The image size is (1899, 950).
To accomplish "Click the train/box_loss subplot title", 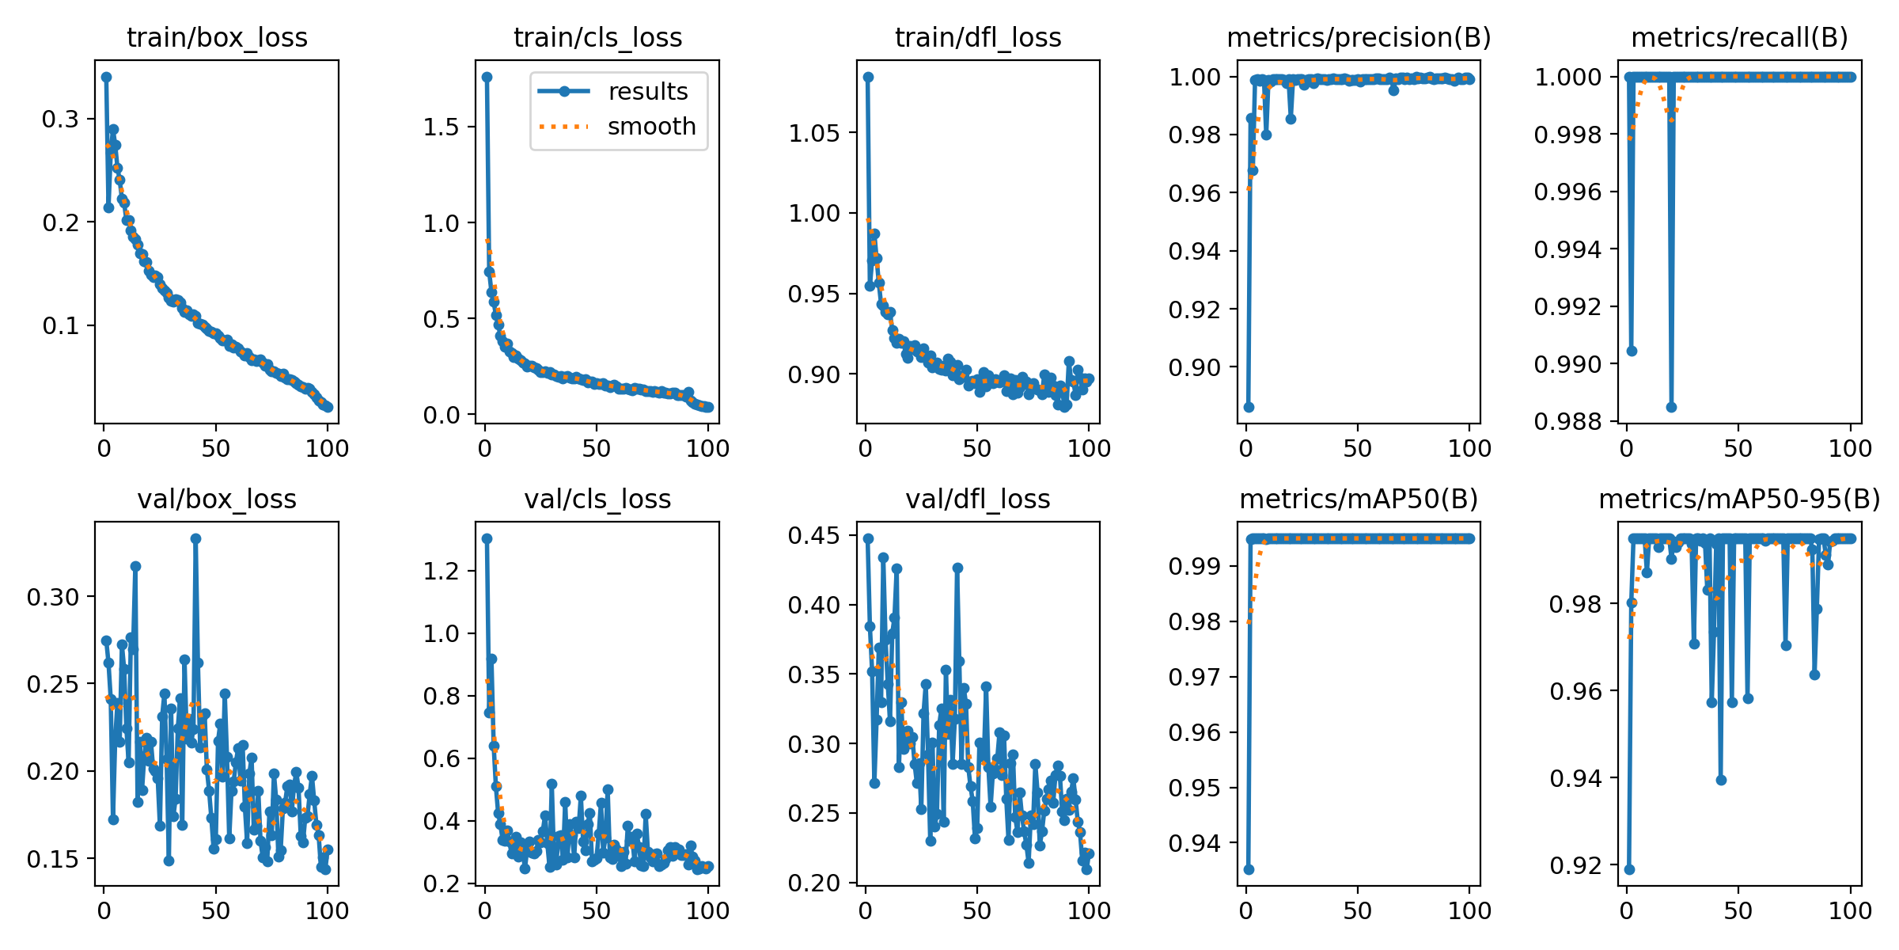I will point(217,37).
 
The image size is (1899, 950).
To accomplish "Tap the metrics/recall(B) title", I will point(1739,37).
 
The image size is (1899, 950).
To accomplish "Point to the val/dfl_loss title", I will point(978,499).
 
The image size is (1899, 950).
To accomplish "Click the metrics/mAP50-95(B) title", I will point(1739,499).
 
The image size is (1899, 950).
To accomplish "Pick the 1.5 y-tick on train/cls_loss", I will point(441,127).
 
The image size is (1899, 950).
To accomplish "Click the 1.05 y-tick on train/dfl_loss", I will point(813,132).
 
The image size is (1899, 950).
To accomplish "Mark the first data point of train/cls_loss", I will point(487,77).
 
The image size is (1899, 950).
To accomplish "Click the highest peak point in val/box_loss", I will point(195,538).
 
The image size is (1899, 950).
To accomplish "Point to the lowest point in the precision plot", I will point(1249,407).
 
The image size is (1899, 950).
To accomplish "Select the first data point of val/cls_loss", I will point(487,538).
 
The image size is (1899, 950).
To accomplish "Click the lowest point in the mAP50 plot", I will point(1249,869).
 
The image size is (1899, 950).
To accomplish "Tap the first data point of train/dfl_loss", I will point(868,77).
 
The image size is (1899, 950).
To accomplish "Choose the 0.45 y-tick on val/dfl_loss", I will point(813,536).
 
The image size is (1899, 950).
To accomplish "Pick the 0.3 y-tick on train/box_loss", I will point(60,119).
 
